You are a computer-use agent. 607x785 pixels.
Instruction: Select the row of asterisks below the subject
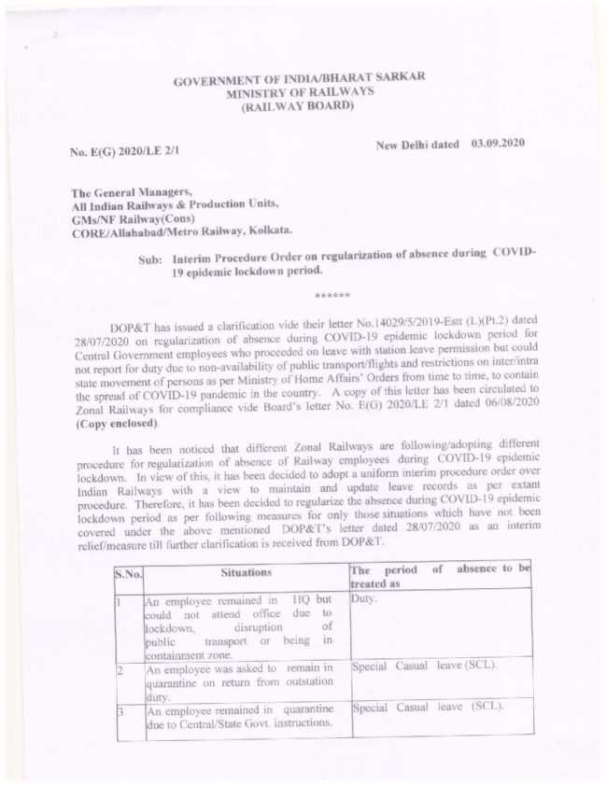point(332,295)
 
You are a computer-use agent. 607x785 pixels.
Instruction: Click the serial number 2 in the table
point(119,669)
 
